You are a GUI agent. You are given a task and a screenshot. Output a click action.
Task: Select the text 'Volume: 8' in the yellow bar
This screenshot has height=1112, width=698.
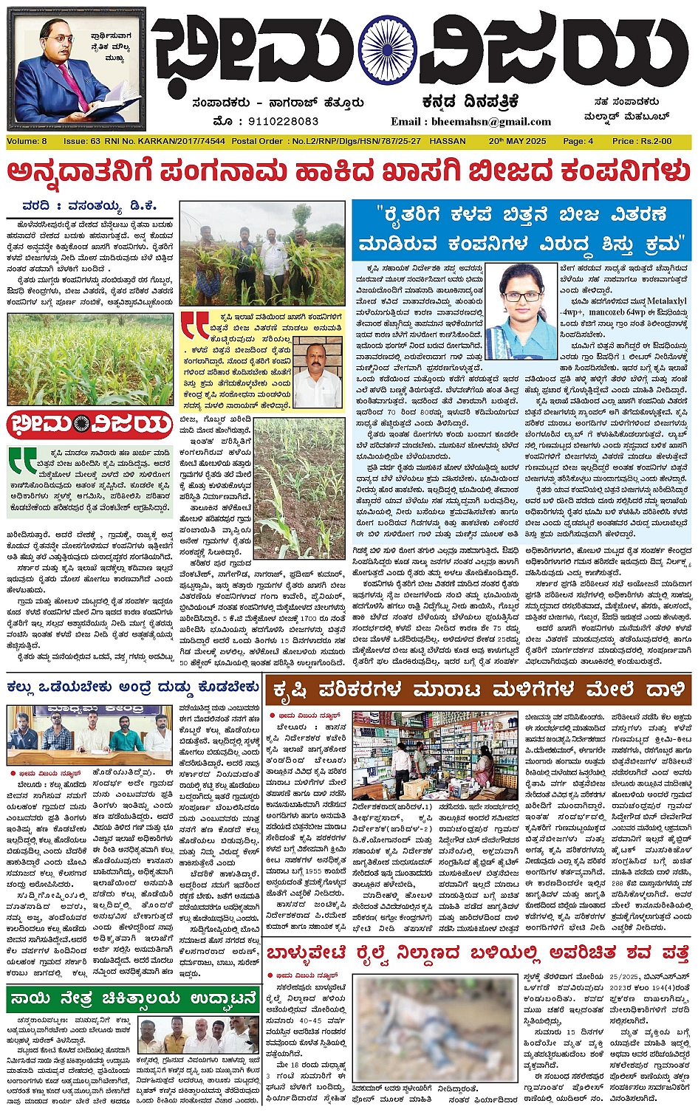pos(27,141)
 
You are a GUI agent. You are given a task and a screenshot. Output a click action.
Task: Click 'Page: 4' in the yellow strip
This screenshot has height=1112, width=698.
pos(578,141)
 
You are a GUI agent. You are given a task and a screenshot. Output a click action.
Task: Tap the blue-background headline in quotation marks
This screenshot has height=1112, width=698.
pos(521,229)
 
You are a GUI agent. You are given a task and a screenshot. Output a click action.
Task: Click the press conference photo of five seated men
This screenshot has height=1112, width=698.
pos(89,734)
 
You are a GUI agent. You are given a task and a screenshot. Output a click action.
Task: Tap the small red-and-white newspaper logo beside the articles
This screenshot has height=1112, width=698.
pos(89,425)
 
